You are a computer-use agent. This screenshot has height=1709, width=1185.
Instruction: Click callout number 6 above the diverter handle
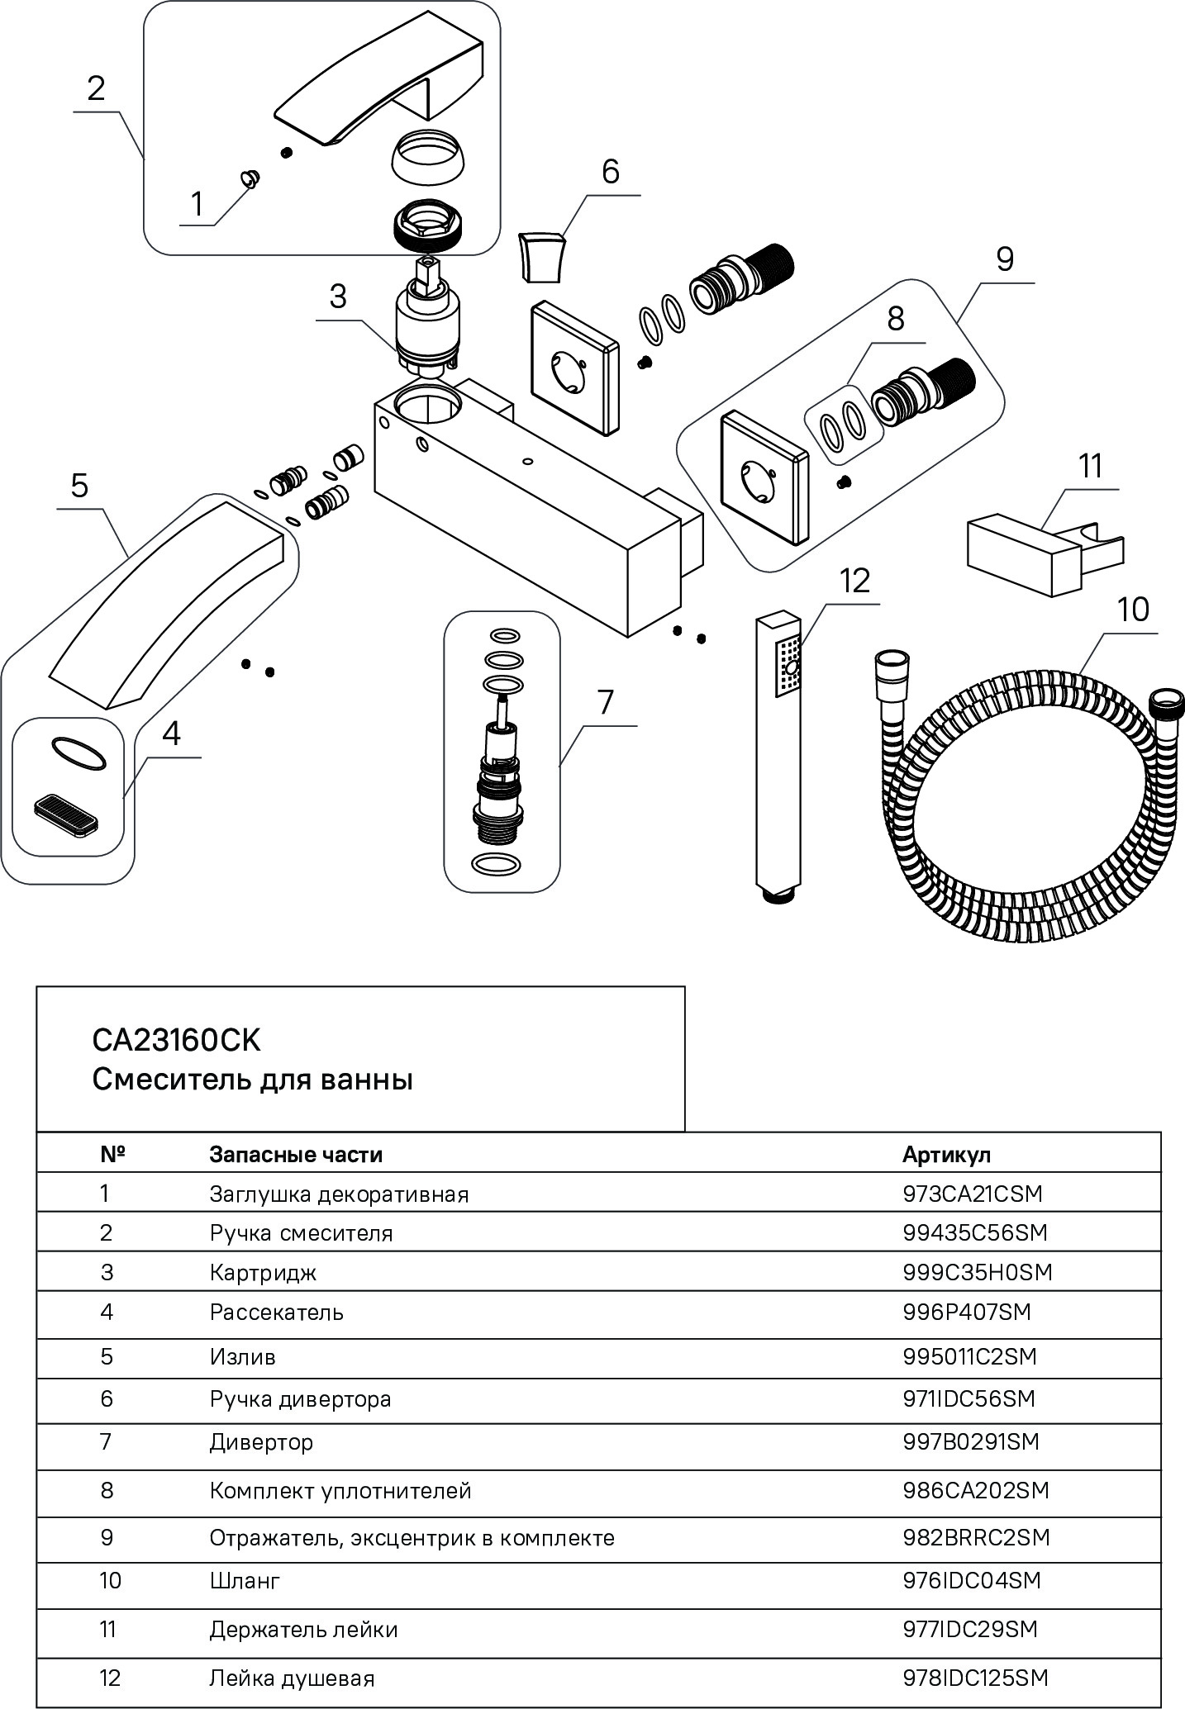point(610,172)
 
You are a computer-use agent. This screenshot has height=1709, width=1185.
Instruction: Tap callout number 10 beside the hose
point(1133,610)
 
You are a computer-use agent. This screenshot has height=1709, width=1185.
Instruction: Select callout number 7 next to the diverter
point(606,703)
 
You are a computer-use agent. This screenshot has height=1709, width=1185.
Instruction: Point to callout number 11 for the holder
point(1091,467)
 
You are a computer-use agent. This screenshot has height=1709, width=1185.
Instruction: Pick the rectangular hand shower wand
point(778,752)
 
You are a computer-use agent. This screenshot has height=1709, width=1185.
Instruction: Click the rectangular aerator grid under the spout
point(65,818)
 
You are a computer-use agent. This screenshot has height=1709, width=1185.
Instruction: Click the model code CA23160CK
point(176,1041)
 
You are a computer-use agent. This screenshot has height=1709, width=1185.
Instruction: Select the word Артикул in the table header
point(946,1154)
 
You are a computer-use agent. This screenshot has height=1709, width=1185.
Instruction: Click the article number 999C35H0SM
point(978,1272)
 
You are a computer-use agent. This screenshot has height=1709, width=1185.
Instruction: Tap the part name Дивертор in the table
point(261,1442)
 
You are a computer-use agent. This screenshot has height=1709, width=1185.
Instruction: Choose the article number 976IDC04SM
point(972,1580)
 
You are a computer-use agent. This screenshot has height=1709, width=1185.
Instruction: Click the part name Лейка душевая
point(293,1678)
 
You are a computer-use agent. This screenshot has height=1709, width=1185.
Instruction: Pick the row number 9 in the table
point(107,1537)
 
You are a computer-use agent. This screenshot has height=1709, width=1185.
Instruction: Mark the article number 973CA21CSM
point(973,1194)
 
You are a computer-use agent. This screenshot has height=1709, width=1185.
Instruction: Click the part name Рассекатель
point(277,1313)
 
